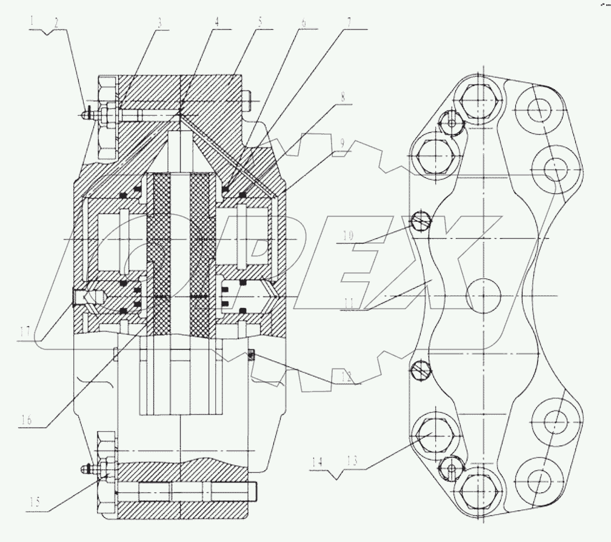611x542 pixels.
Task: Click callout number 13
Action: click(x=352, y=461)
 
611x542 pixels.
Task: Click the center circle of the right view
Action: click(x=484, y=295)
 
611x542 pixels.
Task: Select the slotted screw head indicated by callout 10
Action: click(x=421, y=221)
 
